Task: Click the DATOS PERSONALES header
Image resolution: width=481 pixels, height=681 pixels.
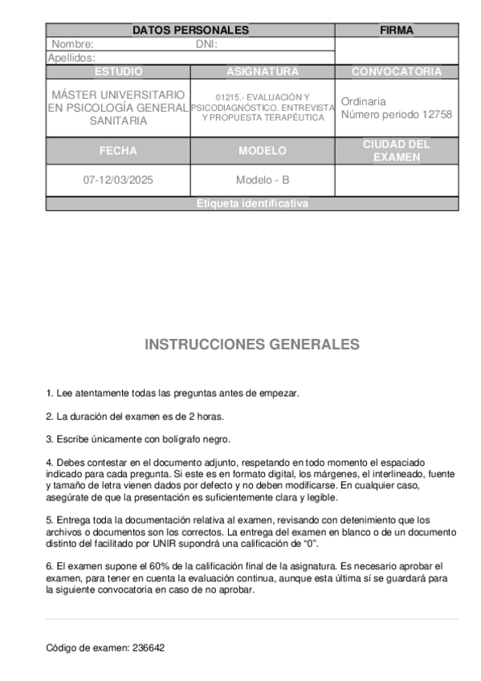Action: click(190, 31)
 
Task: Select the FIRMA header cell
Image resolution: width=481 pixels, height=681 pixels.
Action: click(396, 31)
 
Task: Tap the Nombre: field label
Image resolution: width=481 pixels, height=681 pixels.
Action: click(72, 45)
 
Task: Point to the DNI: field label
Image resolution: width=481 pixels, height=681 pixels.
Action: click(207, 45)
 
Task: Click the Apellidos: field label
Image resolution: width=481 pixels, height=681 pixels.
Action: click(72, 58)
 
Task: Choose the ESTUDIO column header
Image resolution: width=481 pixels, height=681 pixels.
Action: click(118, 71)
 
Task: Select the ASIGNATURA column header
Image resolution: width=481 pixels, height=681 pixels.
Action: click(263, 71)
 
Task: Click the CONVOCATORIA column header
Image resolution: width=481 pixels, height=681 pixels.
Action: click(396, 71)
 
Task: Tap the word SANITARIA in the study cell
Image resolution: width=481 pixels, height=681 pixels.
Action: click(118, 120)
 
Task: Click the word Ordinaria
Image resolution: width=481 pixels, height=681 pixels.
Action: click(363, 102)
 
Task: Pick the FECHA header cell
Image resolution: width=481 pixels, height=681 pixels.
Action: click(118, 150)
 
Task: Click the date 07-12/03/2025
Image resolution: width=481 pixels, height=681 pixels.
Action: click(118, 180)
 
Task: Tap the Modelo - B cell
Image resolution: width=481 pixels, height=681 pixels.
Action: click(263, 180)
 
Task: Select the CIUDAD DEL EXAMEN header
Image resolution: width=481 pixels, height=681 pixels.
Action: click(396, 150)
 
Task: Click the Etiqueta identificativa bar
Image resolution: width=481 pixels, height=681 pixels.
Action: click(252, 204)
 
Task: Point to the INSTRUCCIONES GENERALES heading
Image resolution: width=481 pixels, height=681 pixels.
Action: click(252, 345)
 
